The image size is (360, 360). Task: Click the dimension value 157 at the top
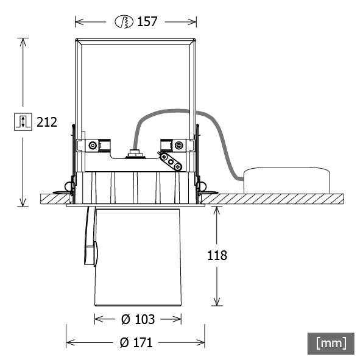tap(147, 22)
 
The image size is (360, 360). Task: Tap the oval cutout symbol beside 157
tap(124, 22)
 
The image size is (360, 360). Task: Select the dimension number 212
tap(47, 122)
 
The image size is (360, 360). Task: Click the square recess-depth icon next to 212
tap(22, 121)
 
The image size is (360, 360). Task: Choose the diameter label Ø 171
tap(135, 342)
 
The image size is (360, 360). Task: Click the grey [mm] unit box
tap(331, 342)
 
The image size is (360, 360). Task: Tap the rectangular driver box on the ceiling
tap(288, 181)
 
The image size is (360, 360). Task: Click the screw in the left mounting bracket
tap(92, 146)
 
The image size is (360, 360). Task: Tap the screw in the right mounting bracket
tap(178, 145)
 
